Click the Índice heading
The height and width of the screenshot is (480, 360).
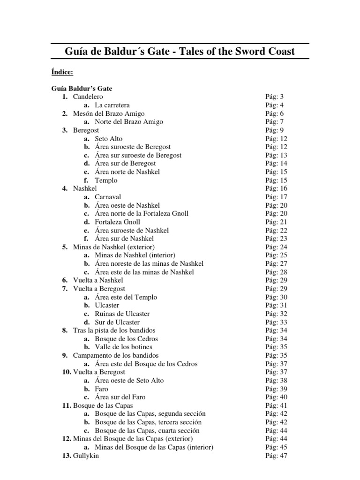61,72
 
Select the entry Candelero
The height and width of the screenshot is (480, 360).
88,97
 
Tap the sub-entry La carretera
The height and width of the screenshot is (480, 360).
112,105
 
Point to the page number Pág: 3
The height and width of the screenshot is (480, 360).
274,97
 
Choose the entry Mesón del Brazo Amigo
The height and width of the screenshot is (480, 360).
109,113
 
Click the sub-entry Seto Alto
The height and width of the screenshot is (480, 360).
109,138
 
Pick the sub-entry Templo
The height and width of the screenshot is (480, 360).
106,180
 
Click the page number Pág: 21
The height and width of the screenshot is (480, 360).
276,222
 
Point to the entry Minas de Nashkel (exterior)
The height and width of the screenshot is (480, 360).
114,247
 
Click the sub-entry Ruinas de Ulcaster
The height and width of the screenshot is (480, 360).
122,314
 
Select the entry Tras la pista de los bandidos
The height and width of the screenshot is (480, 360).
114,330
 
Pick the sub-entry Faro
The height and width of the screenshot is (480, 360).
101,389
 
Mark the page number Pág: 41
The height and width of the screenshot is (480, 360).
276,405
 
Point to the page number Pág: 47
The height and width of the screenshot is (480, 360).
276,456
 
